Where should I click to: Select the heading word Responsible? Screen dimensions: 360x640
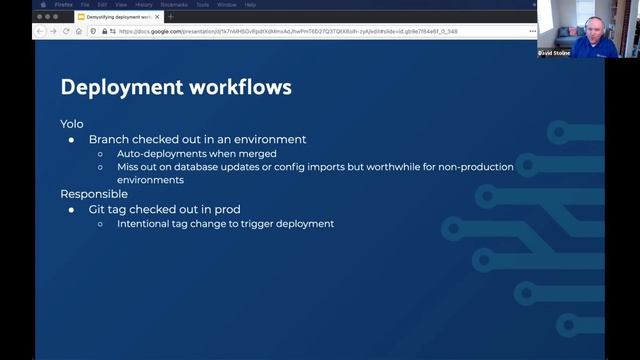point(94,194)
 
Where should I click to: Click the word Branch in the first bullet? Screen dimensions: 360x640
point(109,139)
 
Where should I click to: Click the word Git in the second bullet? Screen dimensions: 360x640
point(98,209)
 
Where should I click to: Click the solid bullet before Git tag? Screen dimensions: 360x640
point(71,209)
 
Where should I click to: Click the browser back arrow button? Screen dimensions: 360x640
point(41,31)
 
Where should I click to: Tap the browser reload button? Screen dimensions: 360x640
point(66,31)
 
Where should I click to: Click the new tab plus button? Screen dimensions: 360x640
point(171,17)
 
